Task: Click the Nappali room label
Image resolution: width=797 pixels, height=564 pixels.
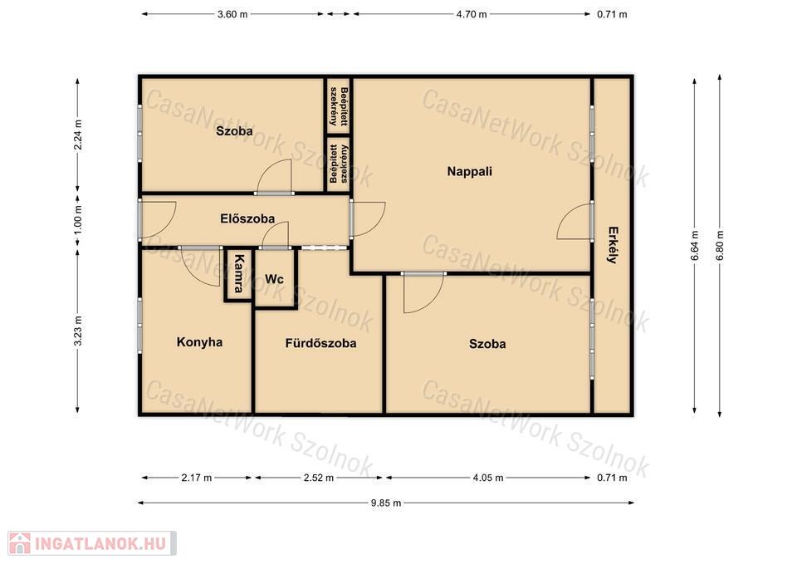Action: click(x=469, y=171)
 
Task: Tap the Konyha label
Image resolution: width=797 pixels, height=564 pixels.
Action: click(x=199, y=341)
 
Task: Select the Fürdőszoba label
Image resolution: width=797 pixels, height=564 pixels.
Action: click(x=320, y=343)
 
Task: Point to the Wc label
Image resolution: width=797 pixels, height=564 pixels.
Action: click(x=275, y=279)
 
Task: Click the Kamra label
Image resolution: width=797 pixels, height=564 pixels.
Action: click(x=238, y=273)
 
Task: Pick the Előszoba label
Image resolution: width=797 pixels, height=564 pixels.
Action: click(x=247, y=218)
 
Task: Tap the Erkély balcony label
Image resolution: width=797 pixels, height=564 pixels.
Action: click(x=613, y=245)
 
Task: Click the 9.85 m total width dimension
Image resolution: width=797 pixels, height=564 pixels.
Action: click(x=386, y=503)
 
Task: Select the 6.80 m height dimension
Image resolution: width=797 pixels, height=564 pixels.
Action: click(x=719, y=246)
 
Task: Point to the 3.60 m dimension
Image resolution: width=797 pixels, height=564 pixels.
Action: click(x=232, y=14)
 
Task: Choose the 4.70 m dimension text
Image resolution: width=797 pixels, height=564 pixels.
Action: click(x=472, y=14)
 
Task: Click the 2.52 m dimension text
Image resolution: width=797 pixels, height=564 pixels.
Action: click(x=319, y=478)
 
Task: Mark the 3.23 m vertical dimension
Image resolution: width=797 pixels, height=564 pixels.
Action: click(x=78, y=331)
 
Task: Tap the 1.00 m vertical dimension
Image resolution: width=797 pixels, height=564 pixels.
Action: click(x=78, y=220)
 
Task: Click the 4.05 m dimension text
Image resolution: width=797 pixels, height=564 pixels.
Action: click(x=488, y=478)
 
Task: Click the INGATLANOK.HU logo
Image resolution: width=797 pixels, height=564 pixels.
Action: click(x=92, y=544)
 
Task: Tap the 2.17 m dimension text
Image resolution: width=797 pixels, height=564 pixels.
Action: click(x=196, y=478)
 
